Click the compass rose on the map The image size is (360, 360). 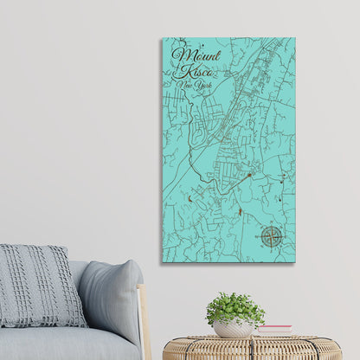[x=272, y=236]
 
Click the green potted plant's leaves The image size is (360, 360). [x=235, y=306]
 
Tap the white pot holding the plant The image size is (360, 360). [x=233, y=328]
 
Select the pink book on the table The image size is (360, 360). [x=274, y=330]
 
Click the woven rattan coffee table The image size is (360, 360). [x=251, y=348]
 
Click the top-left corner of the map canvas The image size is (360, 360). [x=162, y=38]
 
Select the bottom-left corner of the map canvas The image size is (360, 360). [x=162, y=261]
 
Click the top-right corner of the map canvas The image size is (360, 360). [x=294, y=38]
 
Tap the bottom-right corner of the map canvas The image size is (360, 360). [x=294, y=261]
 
